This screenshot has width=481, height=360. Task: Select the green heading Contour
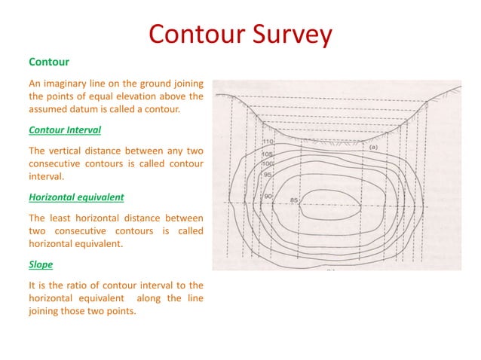[x=49, y=61]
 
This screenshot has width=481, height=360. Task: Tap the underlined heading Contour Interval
[x=65, y=130]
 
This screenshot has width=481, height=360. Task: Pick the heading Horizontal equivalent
[x=76, y=198]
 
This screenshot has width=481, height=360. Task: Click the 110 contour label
[x=268, y=142]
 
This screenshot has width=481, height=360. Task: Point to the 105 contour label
[x=268, y=154]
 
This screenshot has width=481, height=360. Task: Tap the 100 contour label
[x=268, y=163]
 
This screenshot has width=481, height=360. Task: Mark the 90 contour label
[x=268, y=197]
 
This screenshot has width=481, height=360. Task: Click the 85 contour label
[x=294, y=200]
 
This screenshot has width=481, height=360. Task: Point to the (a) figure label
[x=372, y=148]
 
